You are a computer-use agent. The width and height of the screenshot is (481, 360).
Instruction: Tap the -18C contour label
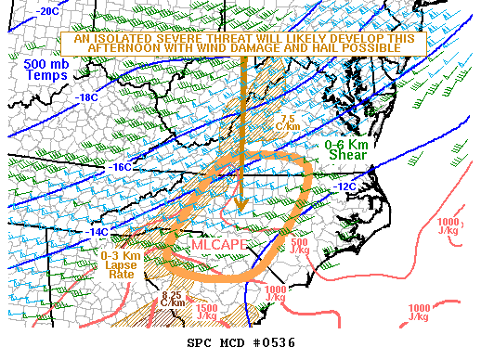pyautogui.click(x=87, y=97)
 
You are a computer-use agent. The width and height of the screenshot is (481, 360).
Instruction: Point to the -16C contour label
pyautogui.click(x=120, y=167)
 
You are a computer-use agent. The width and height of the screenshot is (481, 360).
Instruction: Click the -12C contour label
pyautogui.click(x=343, y=186)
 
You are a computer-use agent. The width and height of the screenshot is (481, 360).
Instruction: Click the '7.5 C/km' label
pyautogui.click(x=287, y=123)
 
